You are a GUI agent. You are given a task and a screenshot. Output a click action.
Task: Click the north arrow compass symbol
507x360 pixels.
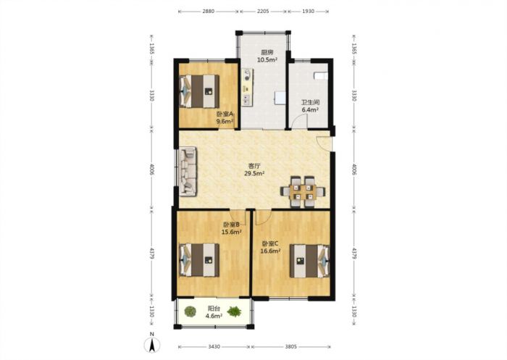click(x=152, y=345)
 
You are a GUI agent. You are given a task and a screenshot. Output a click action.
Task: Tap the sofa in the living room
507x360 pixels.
click(x=188, y=172)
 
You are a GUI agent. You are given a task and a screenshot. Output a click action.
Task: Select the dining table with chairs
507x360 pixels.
click(x=303, y=191)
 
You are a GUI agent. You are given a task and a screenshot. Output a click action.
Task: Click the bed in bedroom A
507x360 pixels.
click(x=199, y=91)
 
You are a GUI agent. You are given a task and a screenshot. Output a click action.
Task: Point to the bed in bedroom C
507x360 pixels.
click(x=310, y=261)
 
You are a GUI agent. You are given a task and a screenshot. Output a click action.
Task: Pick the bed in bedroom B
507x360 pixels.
click(x=199, y=260)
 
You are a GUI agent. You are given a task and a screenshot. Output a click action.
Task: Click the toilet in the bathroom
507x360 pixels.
click(x=320, y=75)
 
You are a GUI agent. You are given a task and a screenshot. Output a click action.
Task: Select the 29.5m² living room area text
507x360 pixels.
click(x=254, y=173)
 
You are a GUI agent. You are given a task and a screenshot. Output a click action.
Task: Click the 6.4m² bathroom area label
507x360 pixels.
click(x=310, y=109)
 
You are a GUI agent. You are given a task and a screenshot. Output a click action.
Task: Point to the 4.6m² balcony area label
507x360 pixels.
click(x=214, y=316)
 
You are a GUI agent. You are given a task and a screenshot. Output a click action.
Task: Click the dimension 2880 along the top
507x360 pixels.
click(x=209, y=12)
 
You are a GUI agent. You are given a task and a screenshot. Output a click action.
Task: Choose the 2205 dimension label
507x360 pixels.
click(x=263, y=12)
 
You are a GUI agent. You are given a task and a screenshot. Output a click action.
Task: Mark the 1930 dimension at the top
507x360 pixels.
click(x=308, y=12)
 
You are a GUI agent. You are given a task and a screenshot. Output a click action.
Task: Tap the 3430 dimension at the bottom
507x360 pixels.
click(x=214, y=347)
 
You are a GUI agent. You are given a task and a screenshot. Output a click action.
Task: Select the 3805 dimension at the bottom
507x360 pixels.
click(x=291, y=347)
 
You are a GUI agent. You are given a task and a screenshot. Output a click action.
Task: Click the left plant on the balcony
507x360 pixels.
click(x=190, y=311)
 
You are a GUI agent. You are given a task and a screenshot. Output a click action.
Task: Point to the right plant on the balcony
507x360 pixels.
click(x=234, y=311)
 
